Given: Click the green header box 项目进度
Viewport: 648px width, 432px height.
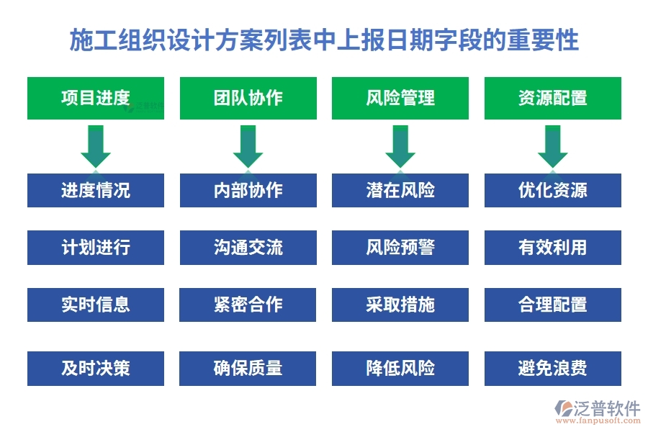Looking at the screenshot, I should [x=96, y=98].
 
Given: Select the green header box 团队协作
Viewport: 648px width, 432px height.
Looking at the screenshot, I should [x=248, y=98].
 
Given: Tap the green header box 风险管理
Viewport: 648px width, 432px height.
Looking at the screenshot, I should [x=400, y=98].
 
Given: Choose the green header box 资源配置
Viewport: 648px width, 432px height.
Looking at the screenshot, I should [x=552, y=98].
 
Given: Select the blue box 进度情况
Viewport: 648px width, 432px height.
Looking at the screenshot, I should [x=96, y=190].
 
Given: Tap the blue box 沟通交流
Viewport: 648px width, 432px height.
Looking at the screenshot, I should [x=248, y=248].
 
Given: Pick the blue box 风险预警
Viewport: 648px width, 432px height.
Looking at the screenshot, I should [x=400, y=248].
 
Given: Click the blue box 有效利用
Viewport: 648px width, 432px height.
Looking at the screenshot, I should [x=552, y=248].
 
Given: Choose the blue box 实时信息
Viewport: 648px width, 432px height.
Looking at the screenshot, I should [x=96, y=305].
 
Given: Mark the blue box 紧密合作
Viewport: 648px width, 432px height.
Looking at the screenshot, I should [x=248, y=305].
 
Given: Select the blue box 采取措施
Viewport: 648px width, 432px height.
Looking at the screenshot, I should [x=400, y=305].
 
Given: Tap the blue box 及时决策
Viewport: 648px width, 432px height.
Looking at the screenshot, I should [x=96, y=368].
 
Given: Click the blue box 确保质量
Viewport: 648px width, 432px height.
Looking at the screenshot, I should [x=248, y=368].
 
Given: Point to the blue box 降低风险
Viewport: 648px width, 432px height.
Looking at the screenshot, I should [x=400, y=368].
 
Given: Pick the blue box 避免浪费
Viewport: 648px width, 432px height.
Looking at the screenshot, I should [x=552, y=368].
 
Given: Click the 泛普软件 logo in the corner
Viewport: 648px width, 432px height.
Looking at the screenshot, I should [x=596, y=411].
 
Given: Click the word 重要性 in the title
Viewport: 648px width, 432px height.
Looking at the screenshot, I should [x=549, y=40].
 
